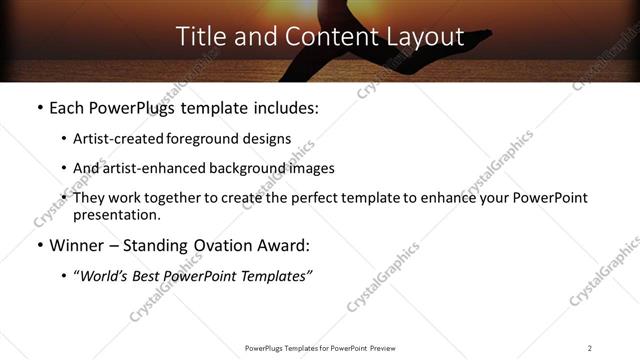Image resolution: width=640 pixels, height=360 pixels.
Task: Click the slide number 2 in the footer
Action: click(590, 348)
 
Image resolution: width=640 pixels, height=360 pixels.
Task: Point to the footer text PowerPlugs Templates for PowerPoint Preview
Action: click(320, 348)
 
